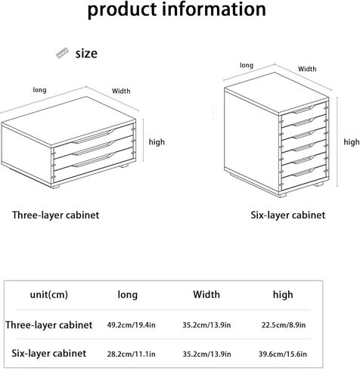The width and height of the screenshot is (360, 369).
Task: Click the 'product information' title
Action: pyautogui.click(x=177, y=10)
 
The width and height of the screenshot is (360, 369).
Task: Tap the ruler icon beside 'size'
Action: pyautogui.click(x=62, y=53)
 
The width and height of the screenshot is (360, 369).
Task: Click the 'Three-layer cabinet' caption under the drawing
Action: pyautogui.click(x=56, y=216)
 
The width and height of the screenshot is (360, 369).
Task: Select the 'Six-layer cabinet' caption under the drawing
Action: pyautogui.click(x=288, y=216)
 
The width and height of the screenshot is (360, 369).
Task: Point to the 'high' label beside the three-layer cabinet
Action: pyautogui.click(x=157, y=142)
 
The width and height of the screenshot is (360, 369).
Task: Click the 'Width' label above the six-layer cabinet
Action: pyautogui.click(x=307, y=69)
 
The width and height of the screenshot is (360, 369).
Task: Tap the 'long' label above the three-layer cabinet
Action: pyautogui.click(x=39, y=90)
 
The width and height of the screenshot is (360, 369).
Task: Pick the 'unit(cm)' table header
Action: pyautogui.click(x=49, y=294)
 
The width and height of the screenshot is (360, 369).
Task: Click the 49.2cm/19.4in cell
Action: pyautogui.click(x=131, y=325)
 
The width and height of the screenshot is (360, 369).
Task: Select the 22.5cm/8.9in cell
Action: pyautogui.click(x=284, y=325)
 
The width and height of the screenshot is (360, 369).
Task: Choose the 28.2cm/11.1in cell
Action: pyautogui.click(x=131, y=354)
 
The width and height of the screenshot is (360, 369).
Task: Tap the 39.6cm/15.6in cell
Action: pyautogui.click(x=283, y=354)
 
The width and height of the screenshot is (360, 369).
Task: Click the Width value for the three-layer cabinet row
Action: pyautogui.click(x=206, y=325)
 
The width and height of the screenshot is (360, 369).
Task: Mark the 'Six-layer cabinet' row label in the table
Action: pyautogui.click(x=49, y=353)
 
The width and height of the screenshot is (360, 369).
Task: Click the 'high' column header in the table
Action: pyautogui.click(x=283, y=294)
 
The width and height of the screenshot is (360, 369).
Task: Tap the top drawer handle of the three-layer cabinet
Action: pyautogui.click(x=94, y=136)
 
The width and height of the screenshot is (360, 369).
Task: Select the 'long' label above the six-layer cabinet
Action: pyautogui.click(x=247, y=65)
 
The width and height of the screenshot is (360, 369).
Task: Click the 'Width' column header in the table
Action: pyautogui.click(x=206, y=294)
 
